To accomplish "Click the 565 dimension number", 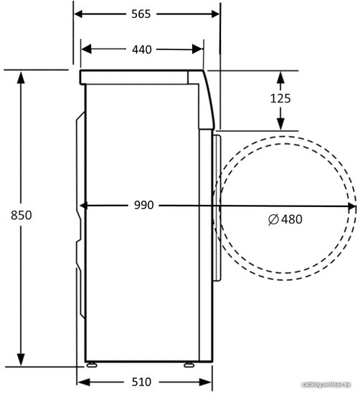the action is [x=141, y=14].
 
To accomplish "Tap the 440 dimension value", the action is [x=142, y=49].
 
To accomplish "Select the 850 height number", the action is [x=21, y=216].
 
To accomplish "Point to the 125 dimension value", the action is [x=280, y=98].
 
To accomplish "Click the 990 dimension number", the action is [x=143, y=206].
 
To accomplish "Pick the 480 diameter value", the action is [x=292, y=219].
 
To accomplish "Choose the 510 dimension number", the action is [x=141, y=383].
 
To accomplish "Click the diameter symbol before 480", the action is [x=273, y=219].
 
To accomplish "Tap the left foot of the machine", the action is [x=91, y=365].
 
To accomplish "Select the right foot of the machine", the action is [x=189, y=365].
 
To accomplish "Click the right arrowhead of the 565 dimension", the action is [x=215, y=14].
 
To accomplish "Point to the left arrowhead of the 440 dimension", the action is [x=86, y=49].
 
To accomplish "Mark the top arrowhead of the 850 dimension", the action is [x=21, y=77].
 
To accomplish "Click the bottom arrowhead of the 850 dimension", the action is [x=21, y=360].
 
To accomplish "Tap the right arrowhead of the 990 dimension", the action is [x=351, y=206].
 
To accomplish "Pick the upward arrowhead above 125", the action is [x=280, y=77].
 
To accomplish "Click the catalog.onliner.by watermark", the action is [x=326, y=384].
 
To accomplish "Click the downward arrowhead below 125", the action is [x=280, y=124].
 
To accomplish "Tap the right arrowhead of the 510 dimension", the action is [x=205, y=383].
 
